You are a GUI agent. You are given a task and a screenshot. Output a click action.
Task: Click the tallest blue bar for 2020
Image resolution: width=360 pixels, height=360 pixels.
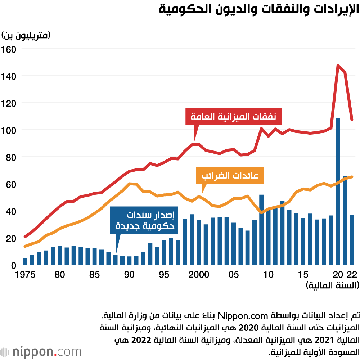point(338,191)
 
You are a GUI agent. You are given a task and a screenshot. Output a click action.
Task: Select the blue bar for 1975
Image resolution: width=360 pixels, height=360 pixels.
point(25,261)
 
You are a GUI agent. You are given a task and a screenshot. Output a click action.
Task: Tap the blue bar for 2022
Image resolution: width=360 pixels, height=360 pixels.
point(352,240)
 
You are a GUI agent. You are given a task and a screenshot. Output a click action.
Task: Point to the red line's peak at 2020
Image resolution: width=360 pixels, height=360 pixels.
point(338,66)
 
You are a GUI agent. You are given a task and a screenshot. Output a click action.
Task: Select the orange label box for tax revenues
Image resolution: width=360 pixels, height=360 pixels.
point(230,176)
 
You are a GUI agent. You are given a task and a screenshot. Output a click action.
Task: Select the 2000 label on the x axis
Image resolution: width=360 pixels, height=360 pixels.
point(199,275)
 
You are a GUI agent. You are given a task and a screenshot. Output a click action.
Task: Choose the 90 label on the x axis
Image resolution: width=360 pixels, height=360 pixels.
point(129,275)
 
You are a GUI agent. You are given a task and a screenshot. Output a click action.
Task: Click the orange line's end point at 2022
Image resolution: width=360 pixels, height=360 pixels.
point(352,177)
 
